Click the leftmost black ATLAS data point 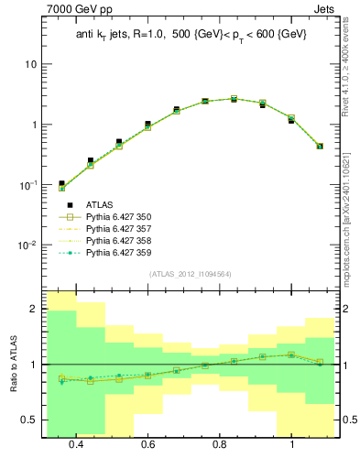tap(61, 184)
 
